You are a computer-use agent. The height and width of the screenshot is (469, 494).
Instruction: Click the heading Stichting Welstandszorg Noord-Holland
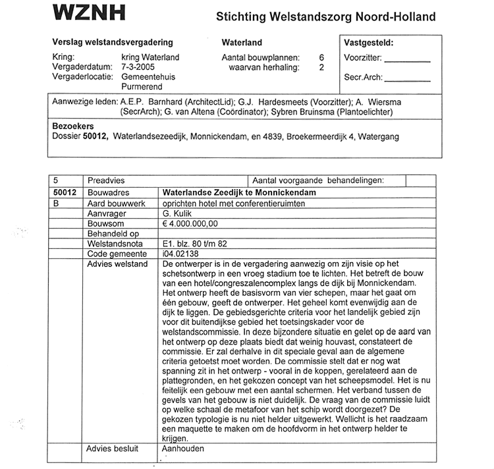326,16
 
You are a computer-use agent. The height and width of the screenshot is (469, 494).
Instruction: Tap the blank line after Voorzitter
406,59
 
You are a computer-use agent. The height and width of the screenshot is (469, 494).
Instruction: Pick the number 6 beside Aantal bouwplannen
321,57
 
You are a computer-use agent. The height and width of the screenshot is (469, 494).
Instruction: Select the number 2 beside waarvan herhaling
321,67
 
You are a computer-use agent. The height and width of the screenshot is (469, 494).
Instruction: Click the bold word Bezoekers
73,126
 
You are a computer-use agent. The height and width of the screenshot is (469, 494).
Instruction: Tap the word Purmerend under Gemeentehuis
144,87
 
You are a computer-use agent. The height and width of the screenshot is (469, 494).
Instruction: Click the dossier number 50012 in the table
66,192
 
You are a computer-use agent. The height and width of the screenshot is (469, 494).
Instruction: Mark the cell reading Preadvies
106,180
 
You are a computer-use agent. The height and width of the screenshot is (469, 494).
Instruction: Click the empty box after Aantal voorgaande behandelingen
420,180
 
